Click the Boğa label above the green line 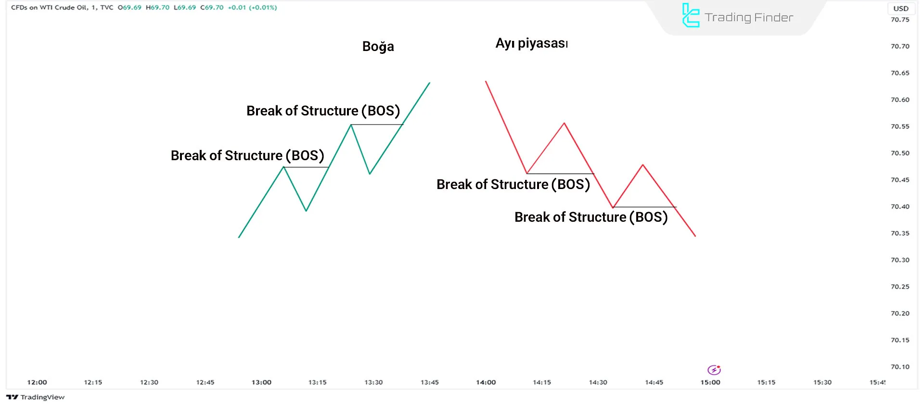tap(378, 47)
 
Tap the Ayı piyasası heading tap(532, 43)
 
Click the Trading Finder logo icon tap(691, 15)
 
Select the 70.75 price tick tap(900, 20)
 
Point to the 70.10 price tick tap(900, 367)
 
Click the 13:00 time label tap(261, 382)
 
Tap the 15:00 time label tap(710, 382)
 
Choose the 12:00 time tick tap(37, 382)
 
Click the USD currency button tap(901, 8)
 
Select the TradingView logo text tap(42, 397)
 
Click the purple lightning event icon tap(714, 369)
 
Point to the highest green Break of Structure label tap(323, 111)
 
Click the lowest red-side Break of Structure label tap(591, 217)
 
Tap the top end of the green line tap(430, 83)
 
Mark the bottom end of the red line tap(695, 236)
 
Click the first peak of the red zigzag tap(565, 123)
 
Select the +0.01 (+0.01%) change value tap(252, 8)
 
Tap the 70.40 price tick tap(900, 206)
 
